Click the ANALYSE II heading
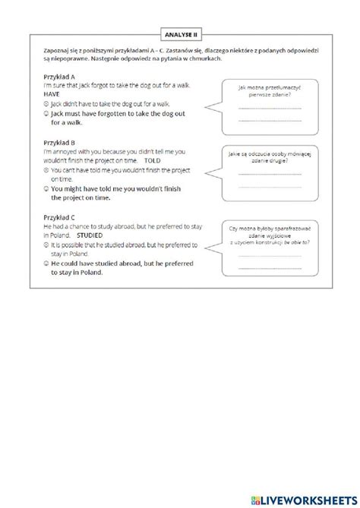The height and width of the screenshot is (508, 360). (x=179, y=33)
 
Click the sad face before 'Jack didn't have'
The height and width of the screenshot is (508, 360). (x=46, y=103)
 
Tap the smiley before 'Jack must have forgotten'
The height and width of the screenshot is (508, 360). (x=46, y=112)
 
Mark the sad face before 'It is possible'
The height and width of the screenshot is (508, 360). (x=46, y=246)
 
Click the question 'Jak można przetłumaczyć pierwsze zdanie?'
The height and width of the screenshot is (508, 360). (x=269, y=93)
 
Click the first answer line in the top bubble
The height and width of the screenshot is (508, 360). (x=269, y=109)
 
